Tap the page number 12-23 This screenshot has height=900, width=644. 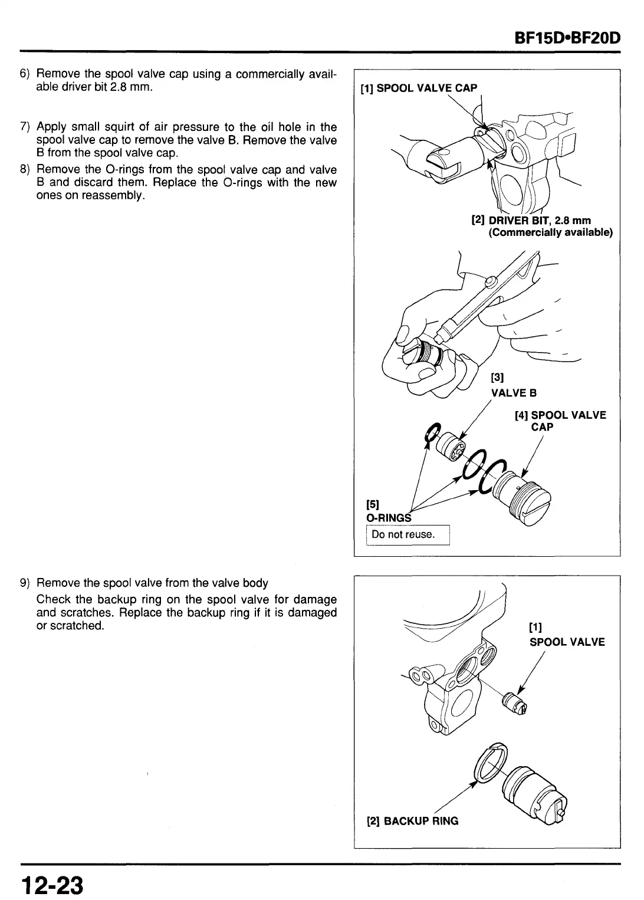pos(52,884)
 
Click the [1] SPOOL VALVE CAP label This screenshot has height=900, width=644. pos(418,88)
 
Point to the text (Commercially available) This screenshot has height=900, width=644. pos(551,232)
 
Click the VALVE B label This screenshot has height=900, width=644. pos(514,393)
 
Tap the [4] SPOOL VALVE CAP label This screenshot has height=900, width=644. pos(560,421)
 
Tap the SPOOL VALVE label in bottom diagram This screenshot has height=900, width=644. pos(567,642)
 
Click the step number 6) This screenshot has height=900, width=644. pos(25,74)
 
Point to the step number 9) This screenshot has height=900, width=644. pos(25,583)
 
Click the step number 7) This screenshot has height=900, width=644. pos(25,127)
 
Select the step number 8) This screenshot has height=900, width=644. pos(25,170)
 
